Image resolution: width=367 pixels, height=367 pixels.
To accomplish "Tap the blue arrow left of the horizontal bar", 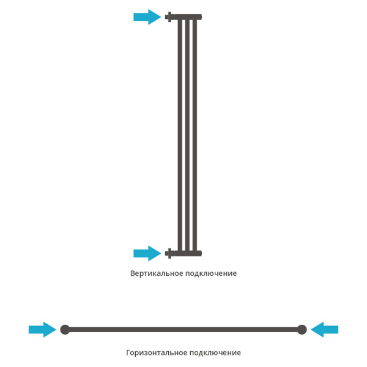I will coord(42,330).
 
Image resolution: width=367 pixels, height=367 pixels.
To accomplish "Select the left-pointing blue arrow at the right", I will coord(324,330).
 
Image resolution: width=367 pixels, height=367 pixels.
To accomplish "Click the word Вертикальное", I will coord(157,273).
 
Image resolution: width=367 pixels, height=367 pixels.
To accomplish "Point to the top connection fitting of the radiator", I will coord(169,17).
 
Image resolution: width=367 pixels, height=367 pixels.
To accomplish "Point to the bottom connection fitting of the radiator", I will coord(169,253).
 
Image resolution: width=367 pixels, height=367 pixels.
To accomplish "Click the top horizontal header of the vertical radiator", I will coord(187,17).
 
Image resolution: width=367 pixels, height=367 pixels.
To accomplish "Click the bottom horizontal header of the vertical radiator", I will coord(187,253).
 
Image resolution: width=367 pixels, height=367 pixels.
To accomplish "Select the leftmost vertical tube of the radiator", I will coord(180,135).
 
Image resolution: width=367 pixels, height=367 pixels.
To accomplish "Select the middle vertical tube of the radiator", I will coord(187,135).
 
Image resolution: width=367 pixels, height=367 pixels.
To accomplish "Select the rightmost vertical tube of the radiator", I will coord(195,135).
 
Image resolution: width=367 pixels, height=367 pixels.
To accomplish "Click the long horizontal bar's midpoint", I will coord(183,330).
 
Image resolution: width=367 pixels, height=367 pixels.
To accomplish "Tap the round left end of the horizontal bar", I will coord(65,330).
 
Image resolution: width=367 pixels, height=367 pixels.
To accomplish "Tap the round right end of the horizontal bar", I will coord(302,330).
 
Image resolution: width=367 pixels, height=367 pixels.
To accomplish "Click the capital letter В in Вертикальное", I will coord(133,273).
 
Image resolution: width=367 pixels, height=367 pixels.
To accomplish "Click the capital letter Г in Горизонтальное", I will coord(129,353).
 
